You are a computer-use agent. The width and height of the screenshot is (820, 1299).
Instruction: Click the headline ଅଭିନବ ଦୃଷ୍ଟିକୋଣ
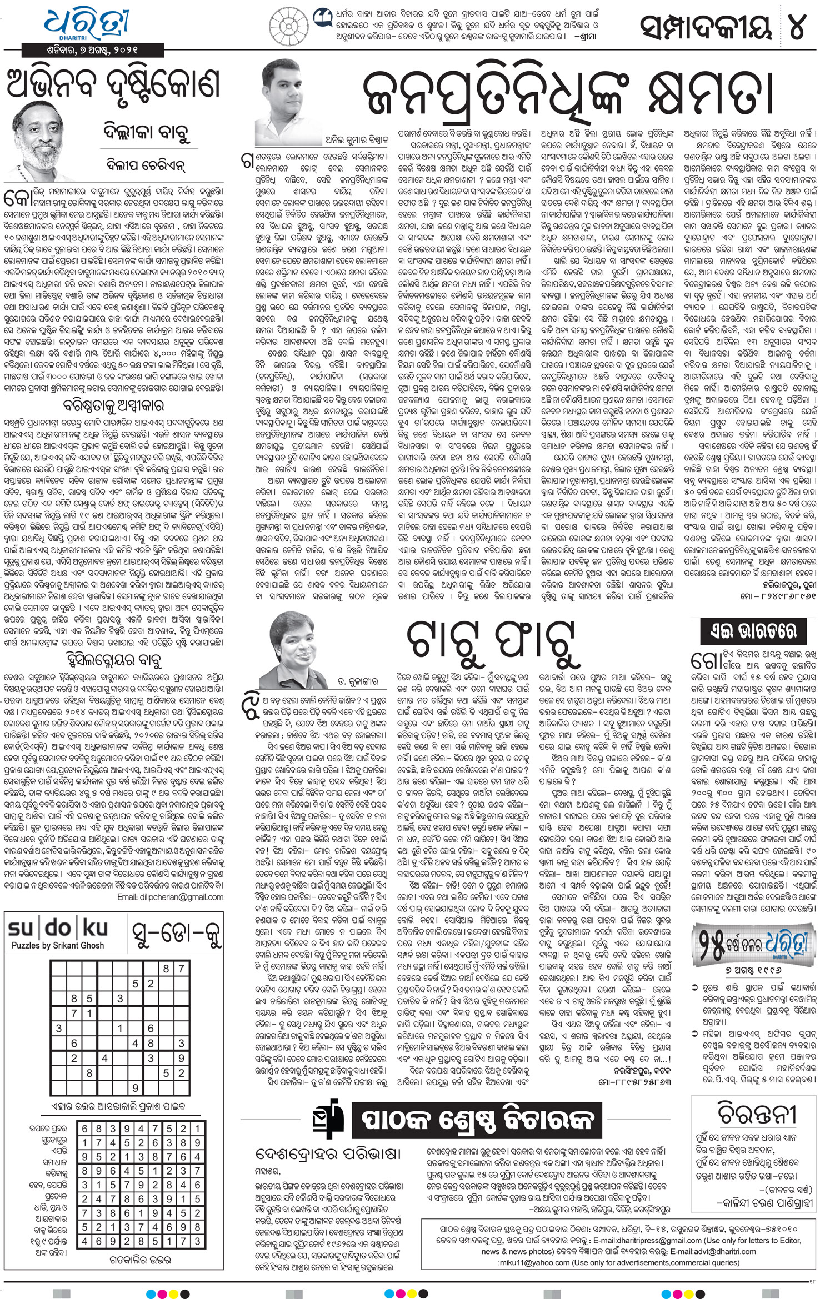point(113,84)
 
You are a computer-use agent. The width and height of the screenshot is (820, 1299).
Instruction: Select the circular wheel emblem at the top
point(288,26)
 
